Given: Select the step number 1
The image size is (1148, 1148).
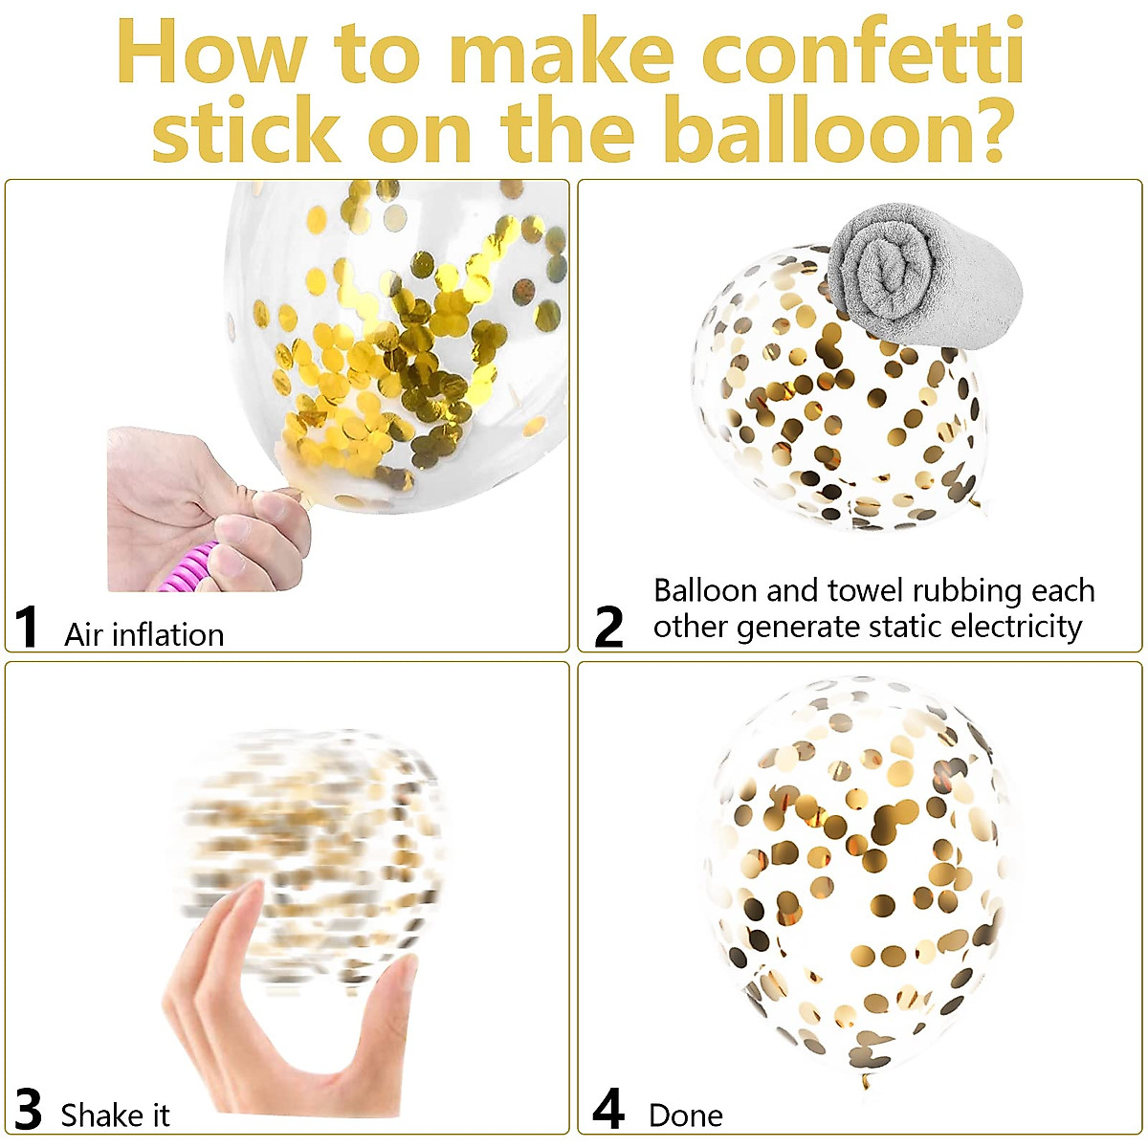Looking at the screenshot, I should [27, 629].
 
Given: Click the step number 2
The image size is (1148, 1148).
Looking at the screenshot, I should [608, 629].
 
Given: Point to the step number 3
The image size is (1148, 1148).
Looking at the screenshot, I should [29, 1112].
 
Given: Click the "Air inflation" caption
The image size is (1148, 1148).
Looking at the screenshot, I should [143, 635].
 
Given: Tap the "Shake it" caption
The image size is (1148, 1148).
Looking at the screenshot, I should [115, 1115].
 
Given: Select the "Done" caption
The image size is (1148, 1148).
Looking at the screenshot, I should [685, 1115].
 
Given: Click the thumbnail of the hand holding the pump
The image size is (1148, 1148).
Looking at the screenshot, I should [206, 507].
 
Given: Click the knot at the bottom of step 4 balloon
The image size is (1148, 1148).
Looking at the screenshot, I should [866, 1079].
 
